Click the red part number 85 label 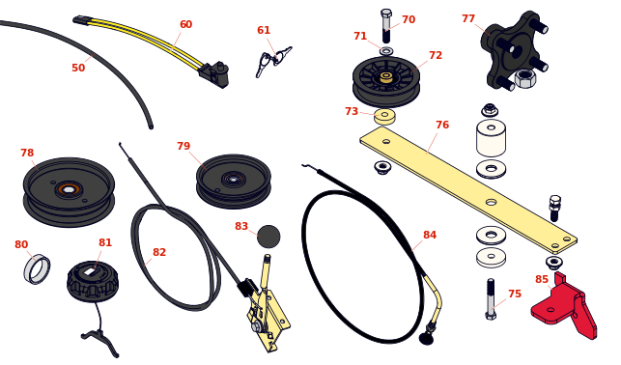(x=542, y=279)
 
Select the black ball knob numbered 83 (x=268, y=237)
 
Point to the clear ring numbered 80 (x=37, y=269)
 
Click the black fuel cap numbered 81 (x=93, y=281)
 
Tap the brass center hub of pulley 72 (x=386, y=77)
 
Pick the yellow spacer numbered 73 (x=384, y=117)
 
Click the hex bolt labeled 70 (x=386, y=26)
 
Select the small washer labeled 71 (x=386, y=51)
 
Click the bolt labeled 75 (x=491, y=299)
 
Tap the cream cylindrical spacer (x=491, y=138)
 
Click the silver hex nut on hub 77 (x=525, y=78)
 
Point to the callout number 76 (x=442, y=125)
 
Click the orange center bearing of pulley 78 (x=69, y=189)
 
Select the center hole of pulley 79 (x=234, y=180)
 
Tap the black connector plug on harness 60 (x=214, y=74)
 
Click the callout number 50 (x=78, y=68)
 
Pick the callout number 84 (x=430, y=235)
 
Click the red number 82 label (x=159, y=252)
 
